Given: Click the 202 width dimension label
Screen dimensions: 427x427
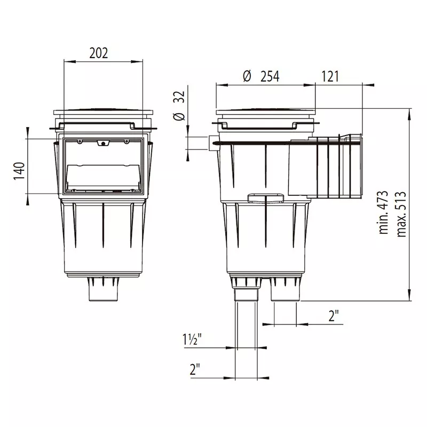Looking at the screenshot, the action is click(99, 53).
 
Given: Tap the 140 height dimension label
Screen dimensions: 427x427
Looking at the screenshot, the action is click(19, 171).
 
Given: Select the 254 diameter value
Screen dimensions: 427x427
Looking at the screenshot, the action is click(270, 76).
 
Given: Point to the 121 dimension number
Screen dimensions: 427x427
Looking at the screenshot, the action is click(330, 76).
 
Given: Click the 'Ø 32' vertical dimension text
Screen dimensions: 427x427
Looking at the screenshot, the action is click(179, 106).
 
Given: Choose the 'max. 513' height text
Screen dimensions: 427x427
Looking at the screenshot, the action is click(401, 215).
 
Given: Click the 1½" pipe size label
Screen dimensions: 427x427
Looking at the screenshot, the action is click(192, 339).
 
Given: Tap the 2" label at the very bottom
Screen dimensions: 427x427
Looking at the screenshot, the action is click(195, 369).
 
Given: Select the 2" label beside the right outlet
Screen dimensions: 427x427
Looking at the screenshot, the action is click(334, 316).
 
